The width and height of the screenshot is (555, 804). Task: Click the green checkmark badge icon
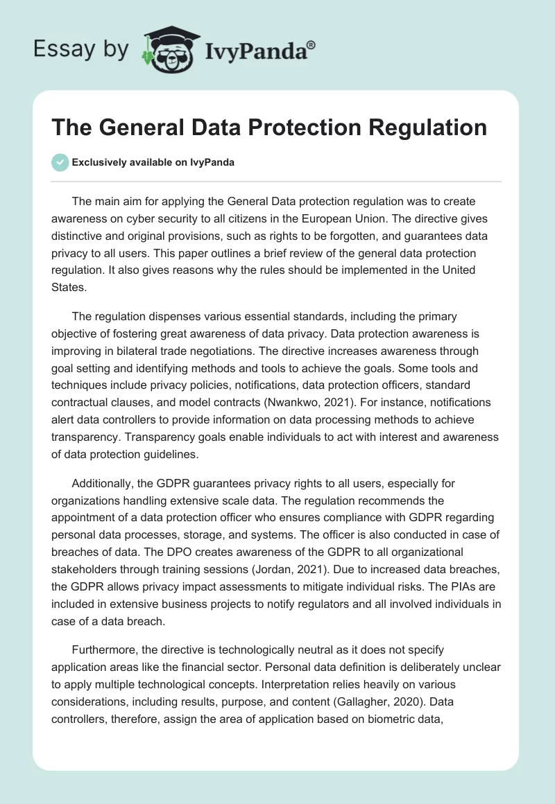(60, 162)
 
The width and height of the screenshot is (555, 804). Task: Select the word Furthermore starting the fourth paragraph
(105, 649)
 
